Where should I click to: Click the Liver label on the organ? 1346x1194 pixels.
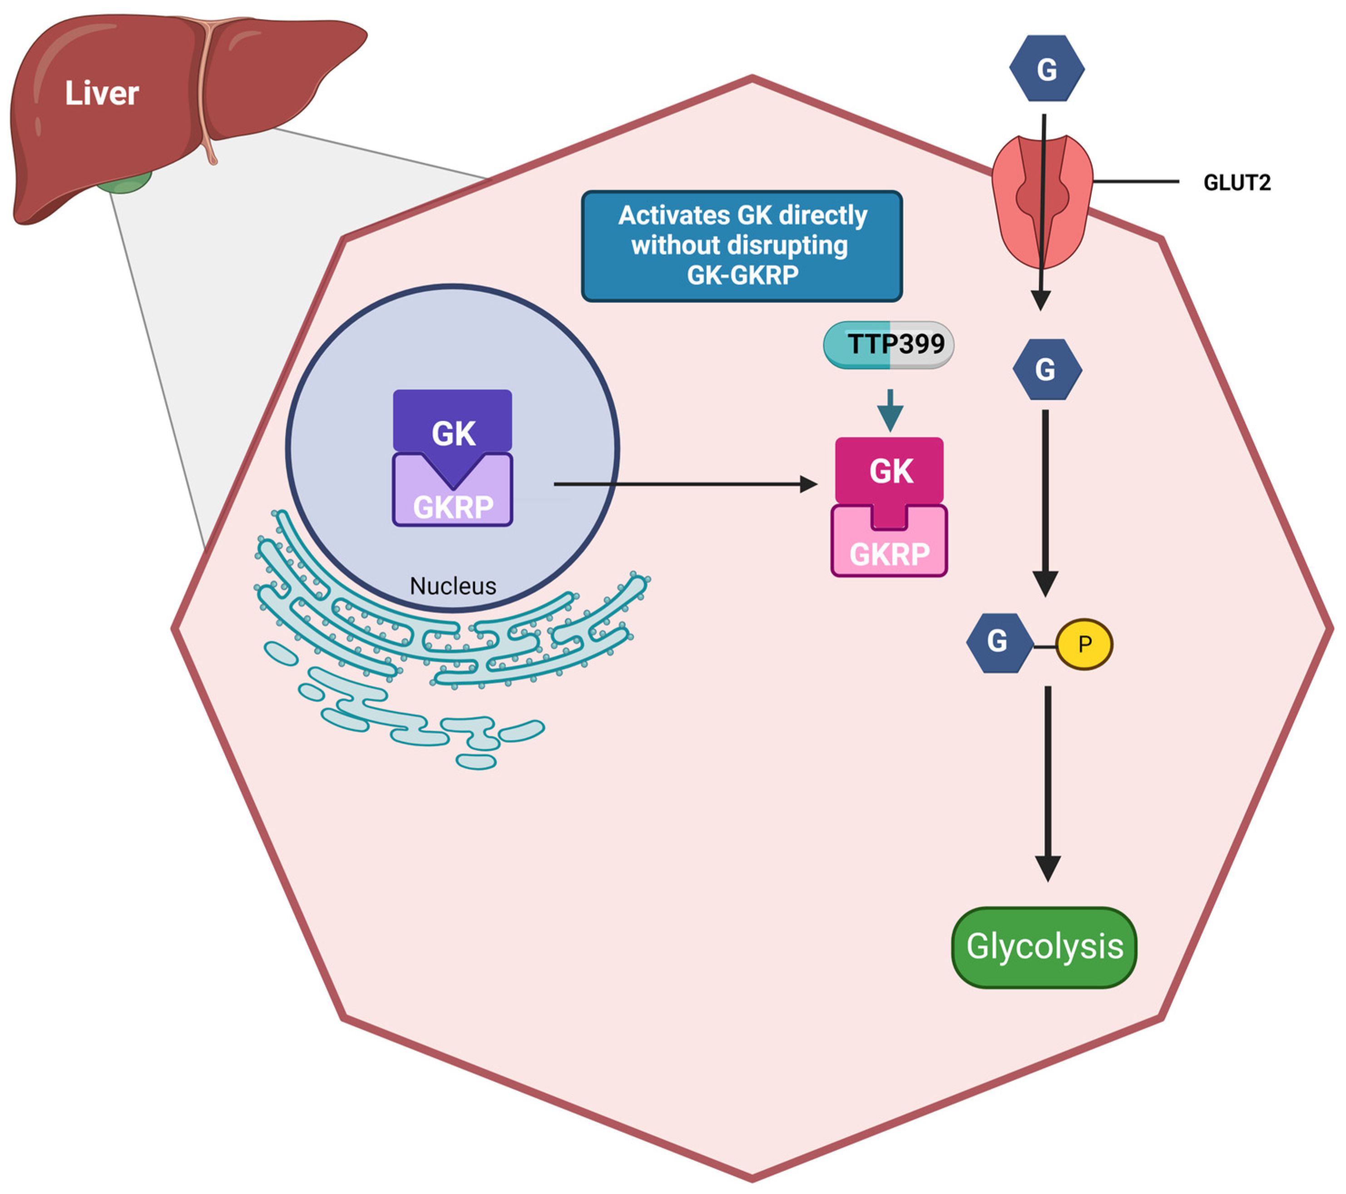click(102, 94)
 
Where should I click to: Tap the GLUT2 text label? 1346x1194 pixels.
click(1237, 183)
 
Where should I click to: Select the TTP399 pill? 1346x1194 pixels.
click(888, 344)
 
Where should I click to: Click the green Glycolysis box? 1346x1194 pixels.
click(1044, 947)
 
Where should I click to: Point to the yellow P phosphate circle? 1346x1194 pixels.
click(1084, 644)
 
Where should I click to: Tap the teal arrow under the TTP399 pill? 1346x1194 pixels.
click(891, 410)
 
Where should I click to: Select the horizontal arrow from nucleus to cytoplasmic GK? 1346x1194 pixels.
click(686, 484)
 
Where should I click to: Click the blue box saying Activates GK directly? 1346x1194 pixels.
click(742, 246)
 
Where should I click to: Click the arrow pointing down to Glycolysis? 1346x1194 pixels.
click(1048, 783)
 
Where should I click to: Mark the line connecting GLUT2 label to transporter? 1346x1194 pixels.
click(1136, 181)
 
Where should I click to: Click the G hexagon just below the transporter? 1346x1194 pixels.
click(1046, 369)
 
